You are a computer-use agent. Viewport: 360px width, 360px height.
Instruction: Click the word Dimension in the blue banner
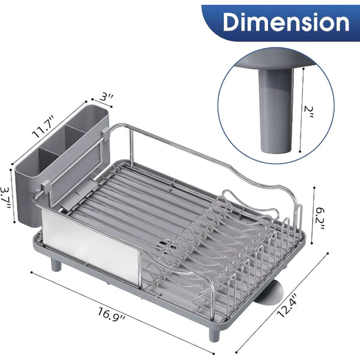[286, 22]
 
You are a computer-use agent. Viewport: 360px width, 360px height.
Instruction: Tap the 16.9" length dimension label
[112, 315]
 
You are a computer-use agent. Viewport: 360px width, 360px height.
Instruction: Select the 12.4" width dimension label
[286, 305]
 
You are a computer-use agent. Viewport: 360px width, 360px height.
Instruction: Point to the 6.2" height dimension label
[320, 219]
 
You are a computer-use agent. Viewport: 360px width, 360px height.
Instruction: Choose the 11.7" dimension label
[43, 127]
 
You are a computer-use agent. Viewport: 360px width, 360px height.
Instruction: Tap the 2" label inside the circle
[308, 112]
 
